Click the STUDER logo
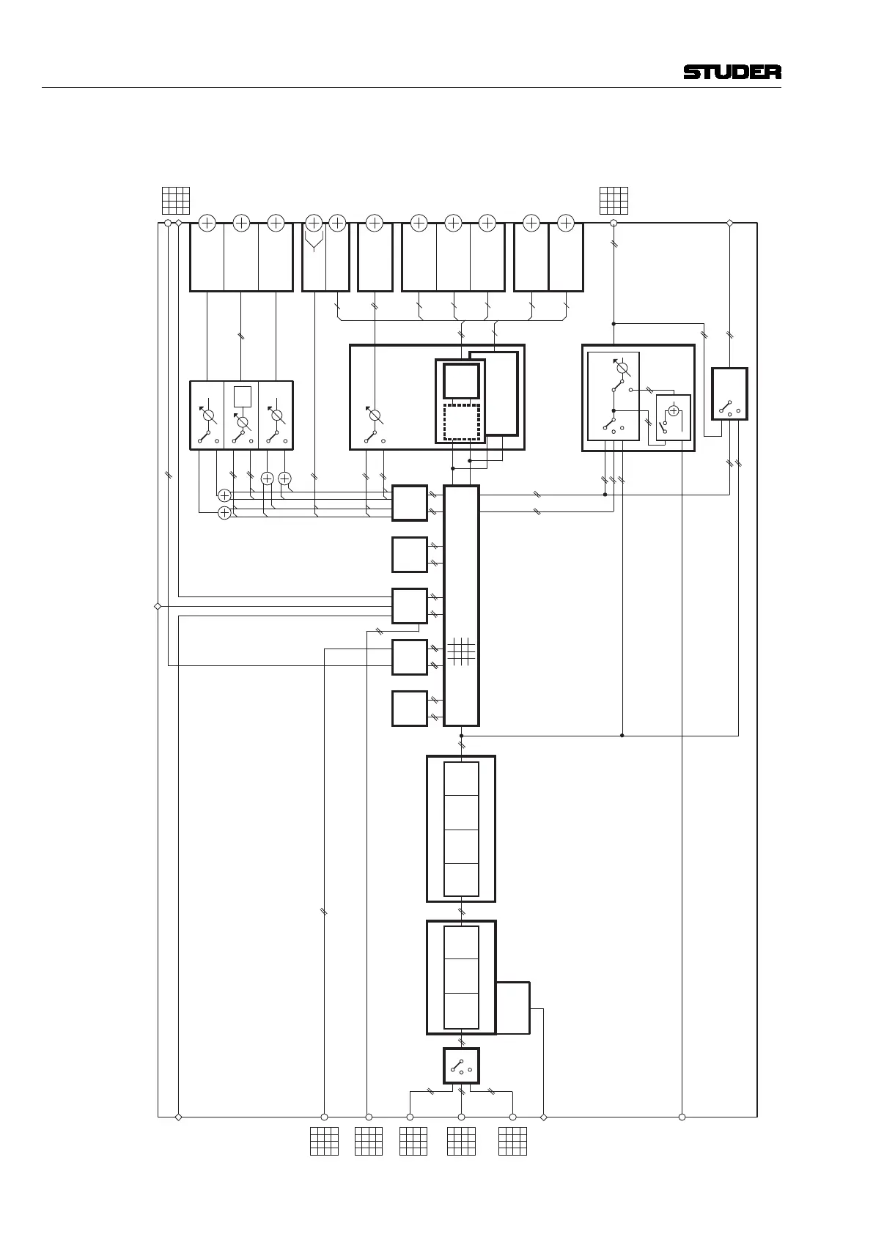coord(732,72)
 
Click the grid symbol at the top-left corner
coord(176,201)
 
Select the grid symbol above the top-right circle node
coord(614,201)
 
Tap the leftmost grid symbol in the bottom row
coord(324,1141)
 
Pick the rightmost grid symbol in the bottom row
coord(512,1141)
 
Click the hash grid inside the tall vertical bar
coord(461,651)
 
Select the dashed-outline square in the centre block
coord(462,422)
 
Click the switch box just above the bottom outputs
coord(461,1066)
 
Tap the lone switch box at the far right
coord(730,394)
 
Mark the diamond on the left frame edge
coord(158,606)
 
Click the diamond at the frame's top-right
coord(730,223)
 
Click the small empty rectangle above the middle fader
coord(243,396)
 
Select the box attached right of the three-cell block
coord(513,1008)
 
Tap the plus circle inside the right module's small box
coord(674,411)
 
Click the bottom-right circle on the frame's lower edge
coord(682,1117)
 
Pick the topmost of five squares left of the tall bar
coord(410,503)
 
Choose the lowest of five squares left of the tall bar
coord(410,709)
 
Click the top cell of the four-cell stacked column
coord(461,778)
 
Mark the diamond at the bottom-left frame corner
coord(179,1117)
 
